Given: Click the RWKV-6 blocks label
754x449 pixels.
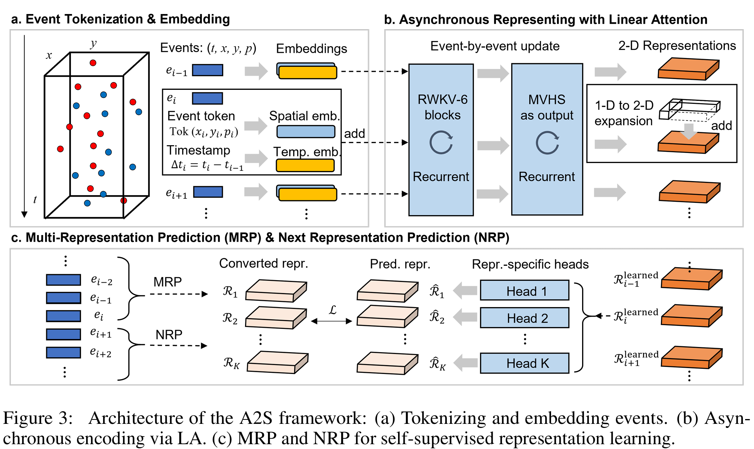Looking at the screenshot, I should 442,107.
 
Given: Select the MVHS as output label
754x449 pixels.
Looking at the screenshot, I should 547,107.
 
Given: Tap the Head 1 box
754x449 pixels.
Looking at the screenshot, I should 524,291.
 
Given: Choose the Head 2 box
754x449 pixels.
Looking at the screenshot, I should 524,318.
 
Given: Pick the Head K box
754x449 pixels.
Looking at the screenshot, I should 524,363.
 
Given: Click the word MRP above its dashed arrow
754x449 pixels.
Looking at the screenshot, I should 167,282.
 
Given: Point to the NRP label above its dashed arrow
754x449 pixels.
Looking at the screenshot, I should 169,335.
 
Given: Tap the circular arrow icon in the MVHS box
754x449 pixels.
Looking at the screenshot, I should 547,143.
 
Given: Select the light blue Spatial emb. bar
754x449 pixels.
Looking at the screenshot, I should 306,132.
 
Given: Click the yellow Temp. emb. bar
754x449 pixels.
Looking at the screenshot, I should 305,165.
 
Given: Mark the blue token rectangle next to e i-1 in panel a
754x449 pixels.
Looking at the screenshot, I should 207,70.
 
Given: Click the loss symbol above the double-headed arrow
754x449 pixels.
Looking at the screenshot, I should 332,310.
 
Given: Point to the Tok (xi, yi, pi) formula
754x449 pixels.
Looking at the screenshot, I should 204,132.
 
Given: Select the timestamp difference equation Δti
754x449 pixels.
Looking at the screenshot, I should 207,165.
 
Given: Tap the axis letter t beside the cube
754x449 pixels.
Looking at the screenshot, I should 35,200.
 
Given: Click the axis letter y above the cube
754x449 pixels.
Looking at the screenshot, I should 93,44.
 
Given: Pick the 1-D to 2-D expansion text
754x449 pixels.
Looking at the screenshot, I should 624,113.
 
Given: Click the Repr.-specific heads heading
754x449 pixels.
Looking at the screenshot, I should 530,264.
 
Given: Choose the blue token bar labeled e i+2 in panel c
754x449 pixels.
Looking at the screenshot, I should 64,353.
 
